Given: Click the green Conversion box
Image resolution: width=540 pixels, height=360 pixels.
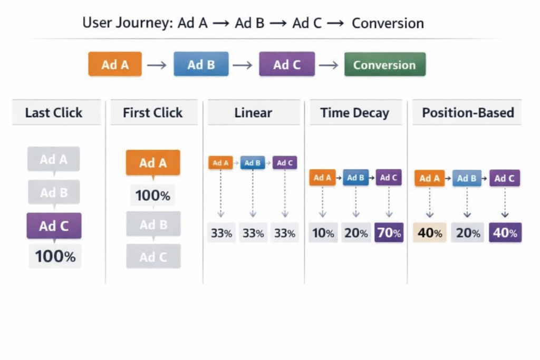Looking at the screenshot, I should point(384,65).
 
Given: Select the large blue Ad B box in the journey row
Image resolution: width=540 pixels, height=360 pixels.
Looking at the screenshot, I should point(201,65).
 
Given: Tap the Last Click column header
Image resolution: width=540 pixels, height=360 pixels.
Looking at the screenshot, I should point(54,113).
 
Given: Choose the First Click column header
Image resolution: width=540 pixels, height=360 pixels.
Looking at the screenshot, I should point(152,113).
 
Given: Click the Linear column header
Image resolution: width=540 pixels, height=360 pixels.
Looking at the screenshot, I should point(253,113).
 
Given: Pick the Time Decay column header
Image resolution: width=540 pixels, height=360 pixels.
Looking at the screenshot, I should point(354,113).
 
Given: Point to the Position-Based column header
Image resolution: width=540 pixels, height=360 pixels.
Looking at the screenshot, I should point(468,113).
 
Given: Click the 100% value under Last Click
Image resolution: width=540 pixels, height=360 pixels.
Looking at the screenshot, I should point(55,257).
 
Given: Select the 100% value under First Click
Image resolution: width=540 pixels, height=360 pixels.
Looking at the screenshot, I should point(152,196).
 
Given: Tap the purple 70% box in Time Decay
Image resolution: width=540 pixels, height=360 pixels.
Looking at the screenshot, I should point(389,232).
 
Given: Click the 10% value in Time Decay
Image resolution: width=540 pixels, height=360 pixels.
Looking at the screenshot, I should point(322,232).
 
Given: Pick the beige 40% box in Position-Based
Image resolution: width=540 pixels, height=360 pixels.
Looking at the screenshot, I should point(430,232).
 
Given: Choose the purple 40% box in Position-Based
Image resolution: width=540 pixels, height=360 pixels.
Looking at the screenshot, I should point(505,232).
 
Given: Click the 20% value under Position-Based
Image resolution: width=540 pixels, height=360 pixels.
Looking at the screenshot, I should point(468,232).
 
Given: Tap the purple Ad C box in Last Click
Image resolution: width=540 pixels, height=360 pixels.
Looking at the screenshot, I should point(54,226).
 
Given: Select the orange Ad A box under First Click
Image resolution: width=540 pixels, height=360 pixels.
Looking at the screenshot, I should point(153,163).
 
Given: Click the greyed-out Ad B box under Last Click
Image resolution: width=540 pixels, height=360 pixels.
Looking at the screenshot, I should point(54,192).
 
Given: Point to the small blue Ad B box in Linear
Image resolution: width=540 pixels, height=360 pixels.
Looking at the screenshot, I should point(253,163).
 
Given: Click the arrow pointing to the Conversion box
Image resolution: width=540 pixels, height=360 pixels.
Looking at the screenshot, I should point(329,65).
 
